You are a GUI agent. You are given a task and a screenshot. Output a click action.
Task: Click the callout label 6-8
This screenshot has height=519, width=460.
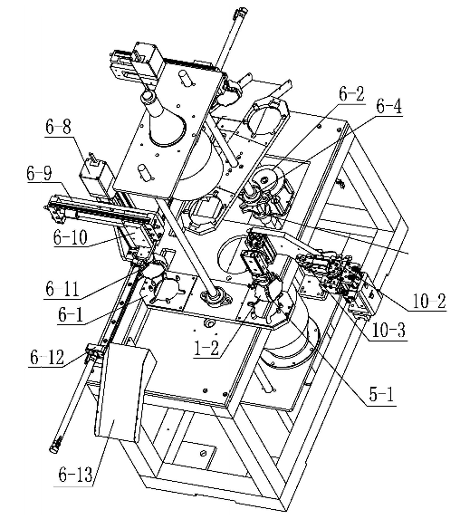click(x=58, y=127)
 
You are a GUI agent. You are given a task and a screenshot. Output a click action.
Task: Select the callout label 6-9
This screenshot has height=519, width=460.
click(x=39, y=173)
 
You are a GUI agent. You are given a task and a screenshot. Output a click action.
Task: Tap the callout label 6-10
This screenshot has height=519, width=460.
click(x=71, y=237)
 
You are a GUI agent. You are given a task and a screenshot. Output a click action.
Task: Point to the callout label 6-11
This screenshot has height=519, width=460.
click(x=62, y=289)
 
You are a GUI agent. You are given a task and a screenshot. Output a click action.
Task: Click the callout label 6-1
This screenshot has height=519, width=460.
click(x=71, y=314)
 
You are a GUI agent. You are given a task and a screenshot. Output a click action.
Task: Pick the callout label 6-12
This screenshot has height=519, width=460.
click(x=47, y=358)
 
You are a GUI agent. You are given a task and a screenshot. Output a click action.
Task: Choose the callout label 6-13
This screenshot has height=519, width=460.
click(x=75, y=475)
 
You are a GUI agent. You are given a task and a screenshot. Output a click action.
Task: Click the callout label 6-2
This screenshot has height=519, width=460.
click(x=351, y=94)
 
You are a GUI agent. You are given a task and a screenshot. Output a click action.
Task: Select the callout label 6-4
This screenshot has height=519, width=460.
click(x=389, y=106)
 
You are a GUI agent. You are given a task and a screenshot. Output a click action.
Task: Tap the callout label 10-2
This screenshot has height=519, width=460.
click(x=429, y=302)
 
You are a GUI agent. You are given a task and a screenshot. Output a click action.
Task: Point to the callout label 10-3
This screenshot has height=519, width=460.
click(x=388, y=330)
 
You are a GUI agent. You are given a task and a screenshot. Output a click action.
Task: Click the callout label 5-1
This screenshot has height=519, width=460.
click(x=381, y=395)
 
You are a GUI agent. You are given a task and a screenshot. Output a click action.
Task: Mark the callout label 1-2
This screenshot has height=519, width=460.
click(x=206, y=348)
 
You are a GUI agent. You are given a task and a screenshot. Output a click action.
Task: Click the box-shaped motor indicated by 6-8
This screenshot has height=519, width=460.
click(x=96, y=178)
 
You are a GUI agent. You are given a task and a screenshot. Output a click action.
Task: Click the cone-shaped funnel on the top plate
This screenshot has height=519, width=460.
click(x=165, y=120)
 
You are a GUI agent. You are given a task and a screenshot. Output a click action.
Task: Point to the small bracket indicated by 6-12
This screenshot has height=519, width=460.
click(x=95, y=352)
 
